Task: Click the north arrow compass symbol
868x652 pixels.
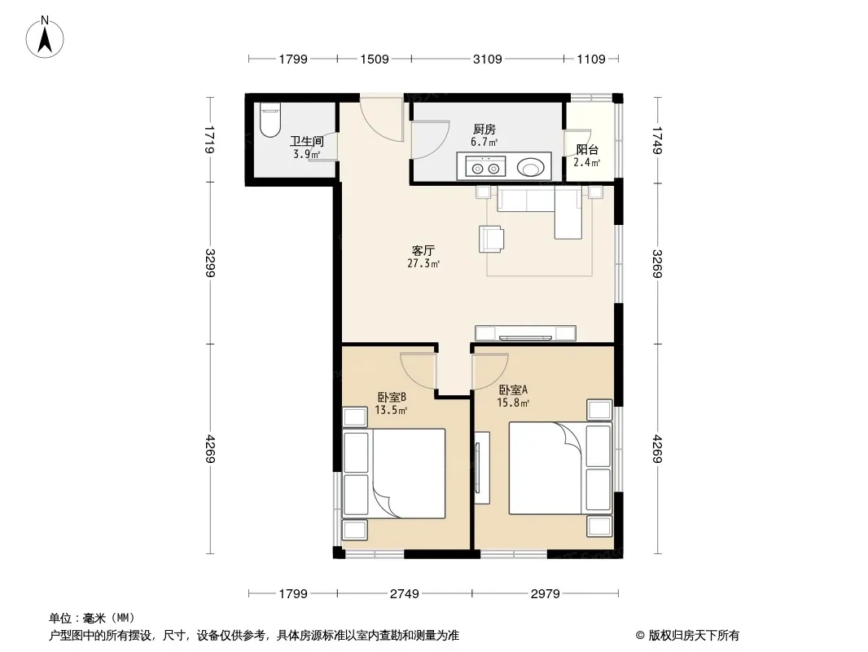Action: coord(45,37)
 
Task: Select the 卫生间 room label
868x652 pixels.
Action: coord(307,141)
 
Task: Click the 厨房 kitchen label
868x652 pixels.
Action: coord(484,130)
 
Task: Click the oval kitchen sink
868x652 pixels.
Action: coord(530,167)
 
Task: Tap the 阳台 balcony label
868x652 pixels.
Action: coord(587,150)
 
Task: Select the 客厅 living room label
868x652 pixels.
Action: coord(423,250)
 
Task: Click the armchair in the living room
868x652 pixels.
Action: coord(492,240)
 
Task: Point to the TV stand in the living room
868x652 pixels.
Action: coord(525,333)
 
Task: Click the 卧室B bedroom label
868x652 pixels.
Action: coord(392,397)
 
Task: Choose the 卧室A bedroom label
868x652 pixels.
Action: coord(513,390)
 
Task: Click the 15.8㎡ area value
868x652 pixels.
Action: coord(513,403)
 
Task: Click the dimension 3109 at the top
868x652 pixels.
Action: coord(487,59)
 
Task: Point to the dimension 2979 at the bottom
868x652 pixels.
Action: coord(546,594)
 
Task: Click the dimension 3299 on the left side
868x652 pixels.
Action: coord(210,263)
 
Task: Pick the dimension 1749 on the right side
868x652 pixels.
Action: coord(657,141)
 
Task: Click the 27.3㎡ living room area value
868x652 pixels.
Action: coord(423,264)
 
